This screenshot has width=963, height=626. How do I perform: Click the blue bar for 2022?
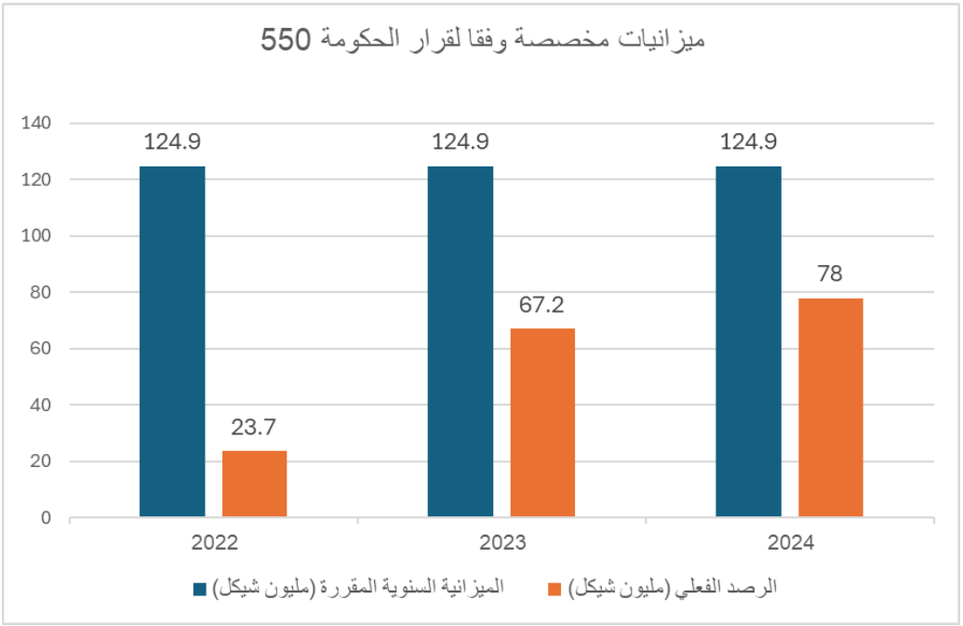coord(172,341)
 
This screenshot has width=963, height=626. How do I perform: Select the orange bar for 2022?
coord(254,484)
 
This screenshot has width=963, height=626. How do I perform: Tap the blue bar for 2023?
coord(460,341)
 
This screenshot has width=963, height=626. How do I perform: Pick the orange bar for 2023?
coord(542,422)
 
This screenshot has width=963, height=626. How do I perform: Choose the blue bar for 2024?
coord(748,341)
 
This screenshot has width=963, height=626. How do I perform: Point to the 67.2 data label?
coord(542,305)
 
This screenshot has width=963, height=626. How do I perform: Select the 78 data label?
coord(830,275)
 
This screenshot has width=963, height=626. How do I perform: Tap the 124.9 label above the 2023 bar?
coord(460,142)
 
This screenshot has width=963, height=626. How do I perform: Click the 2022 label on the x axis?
coord(213,543)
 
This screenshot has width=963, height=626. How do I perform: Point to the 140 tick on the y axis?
coord(43,123)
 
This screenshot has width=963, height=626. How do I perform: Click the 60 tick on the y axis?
coord(47,349)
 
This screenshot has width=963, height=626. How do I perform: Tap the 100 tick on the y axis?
coord(43,236)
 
